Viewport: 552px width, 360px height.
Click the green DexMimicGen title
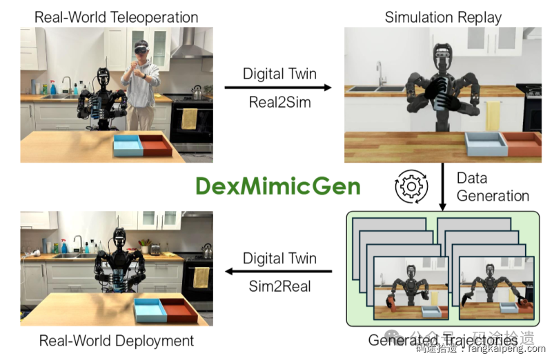(277, 186)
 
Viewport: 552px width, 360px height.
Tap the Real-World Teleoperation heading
(116, 17)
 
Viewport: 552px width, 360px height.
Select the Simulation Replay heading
(443, 17)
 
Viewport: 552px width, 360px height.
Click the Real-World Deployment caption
(116, 341)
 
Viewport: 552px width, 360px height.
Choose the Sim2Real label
(279, 286)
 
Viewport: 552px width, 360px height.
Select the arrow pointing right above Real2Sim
(279, 88)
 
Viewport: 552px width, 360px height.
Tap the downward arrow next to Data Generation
(442, 186)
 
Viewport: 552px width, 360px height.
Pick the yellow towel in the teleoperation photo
(188, 119)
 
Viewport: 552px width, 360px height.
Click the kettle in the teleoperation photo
(197, 92)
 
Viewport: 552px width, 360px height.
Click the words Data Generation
(492, 186)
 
